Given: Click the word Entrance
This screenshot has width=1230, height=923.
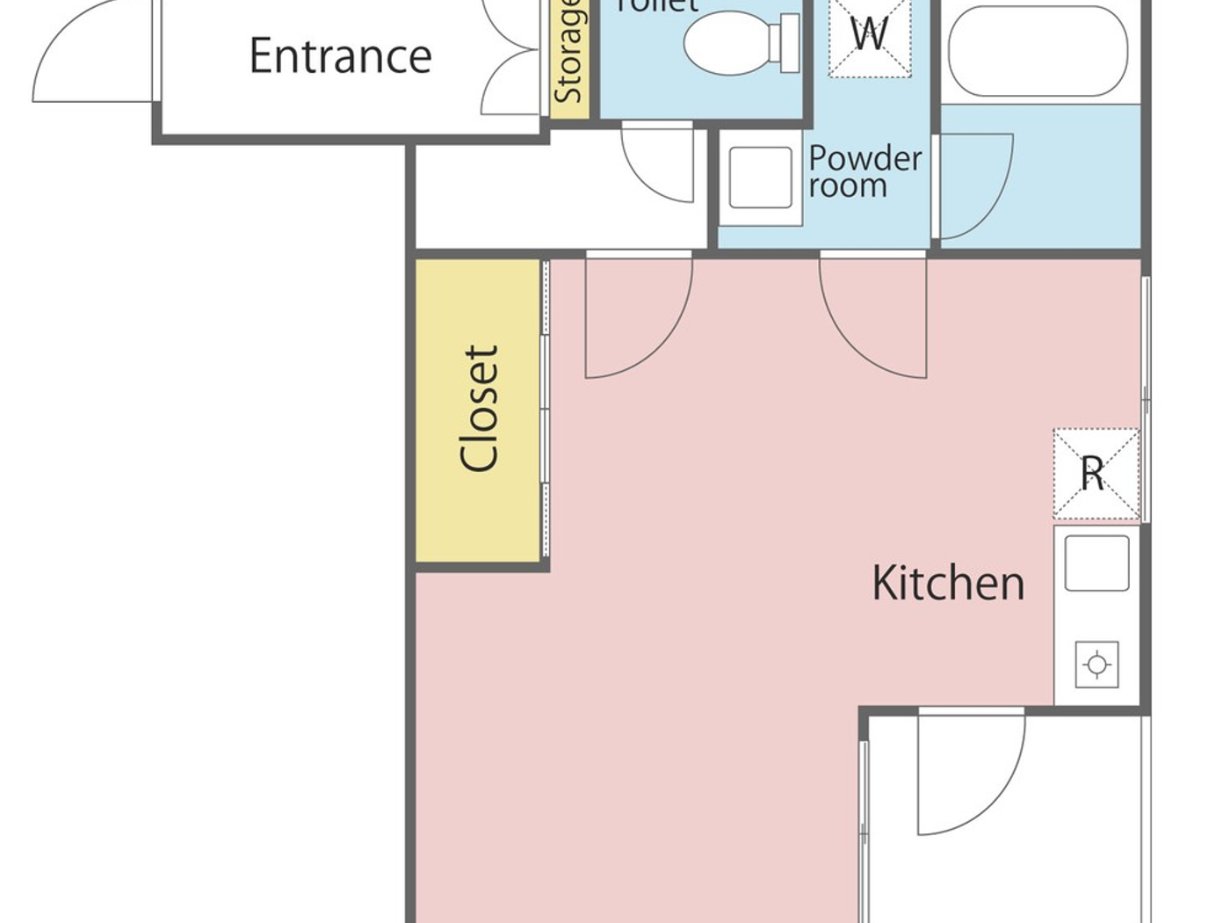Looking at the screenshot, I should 340,56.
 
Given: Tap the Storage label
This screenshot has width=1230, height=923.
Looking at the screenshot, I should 568,53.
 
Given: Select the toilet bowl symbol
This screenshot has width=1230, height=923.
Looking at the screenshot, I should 726,42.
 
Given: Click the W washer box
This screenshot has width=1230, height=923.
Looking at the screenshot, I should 869,35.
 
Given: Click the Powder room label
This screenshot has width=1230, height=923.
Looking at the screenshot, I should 864,171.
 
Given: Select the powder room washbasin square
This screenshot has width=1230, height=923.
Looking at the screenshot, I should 760,178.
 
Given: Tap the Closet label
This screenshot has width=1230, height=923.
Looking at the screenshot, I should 480,409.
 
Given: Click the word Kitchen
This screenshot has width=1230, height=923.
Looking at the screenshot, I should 948,583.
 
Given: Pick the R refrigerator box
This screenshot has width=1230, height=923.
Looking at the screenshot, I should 1096,474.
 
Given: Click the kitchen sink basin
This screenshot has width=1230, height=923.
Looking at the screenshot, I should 1096,563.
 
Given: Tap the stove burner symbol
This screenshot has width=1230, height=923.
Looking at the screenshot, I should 1096,665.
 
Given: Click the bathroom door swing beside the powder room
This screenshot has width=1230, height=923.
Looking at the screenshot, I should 975,185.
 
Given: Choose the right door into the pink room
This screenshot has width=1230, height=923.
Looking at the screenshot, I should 874,316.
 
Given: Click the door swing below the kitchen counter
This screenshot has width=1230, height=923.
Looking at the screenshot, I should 971,774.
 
